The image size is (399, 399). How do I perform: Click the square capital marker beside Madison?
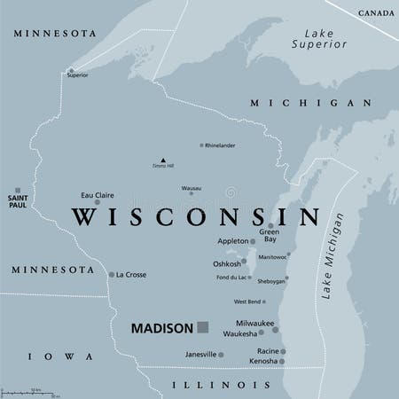click(202, 327)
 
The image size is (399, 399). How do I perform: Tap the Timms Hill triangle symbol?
click(162, 160)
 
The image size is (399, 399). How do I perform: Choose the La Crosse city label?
click(131, 275)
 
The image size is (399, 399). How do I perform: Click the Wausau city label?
click(191, 188)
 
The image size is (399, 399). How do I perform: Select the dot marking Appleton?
click(253, 241)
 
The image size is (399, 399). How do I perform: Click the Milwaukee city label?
click(254, 324)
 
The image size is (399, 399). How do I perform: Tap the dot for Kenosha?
click(282, 362)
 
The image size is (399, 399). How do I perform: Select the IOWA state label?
click(59, 356)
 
